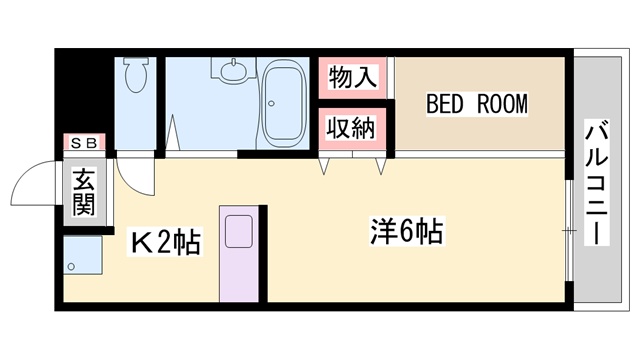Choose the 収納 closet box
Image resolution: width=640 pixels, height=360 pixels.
[x=347, y=129]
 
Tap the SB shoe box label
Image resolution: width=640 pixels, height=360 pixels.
[x=80, y=144]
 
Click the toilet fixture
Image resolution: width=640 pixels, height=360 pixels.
[x=137, y=76]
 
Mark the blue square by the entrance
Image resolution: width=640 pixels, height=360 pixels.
[x=82, y=258]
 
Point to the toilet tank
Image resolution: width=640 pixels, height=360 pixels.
[x=137, y=62]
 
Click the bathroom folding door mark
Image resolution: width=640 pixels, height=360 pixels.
[x=175, y=135]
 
